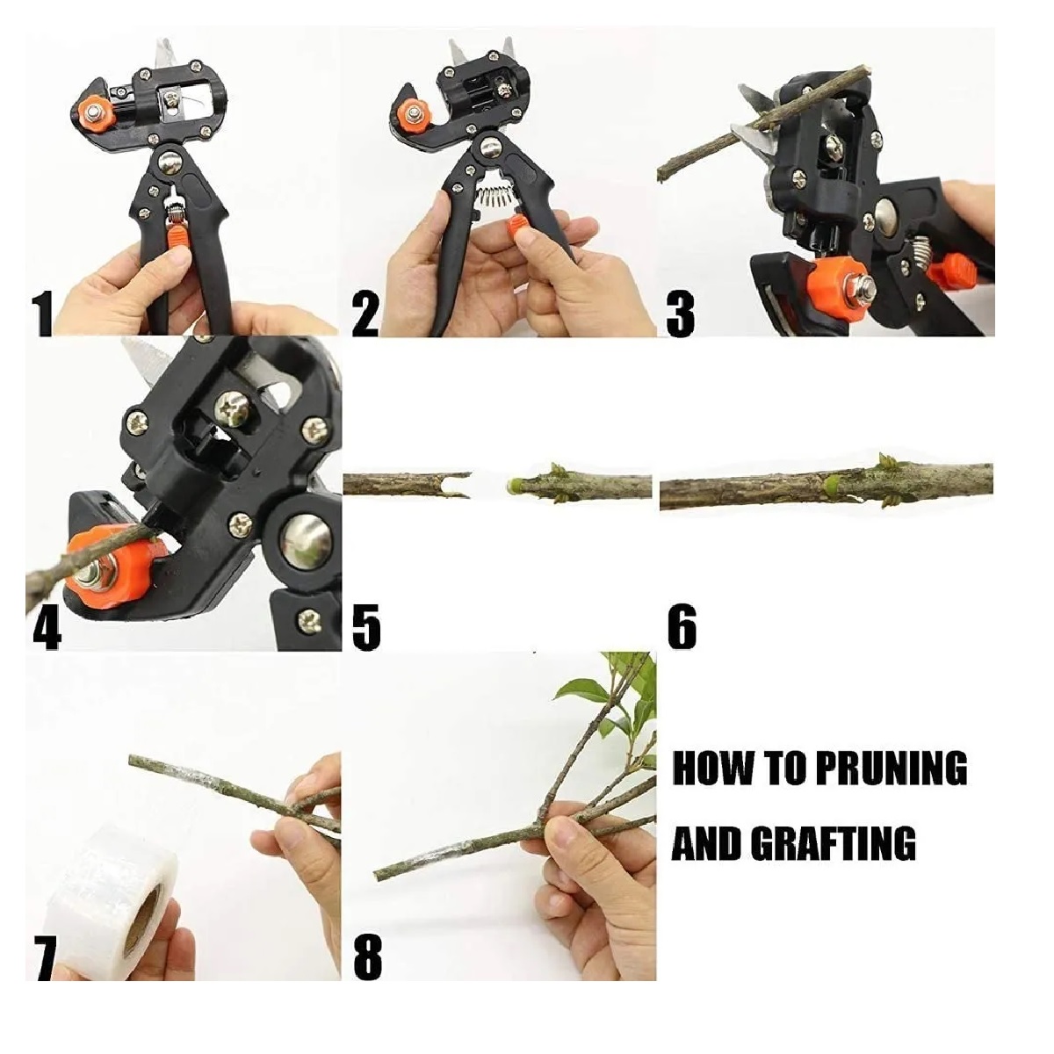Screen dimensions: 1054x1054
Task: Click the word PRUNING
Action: (x=891, y=769)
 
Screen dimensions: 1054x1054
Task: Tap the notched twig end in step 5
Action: (x=458, y=486)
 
